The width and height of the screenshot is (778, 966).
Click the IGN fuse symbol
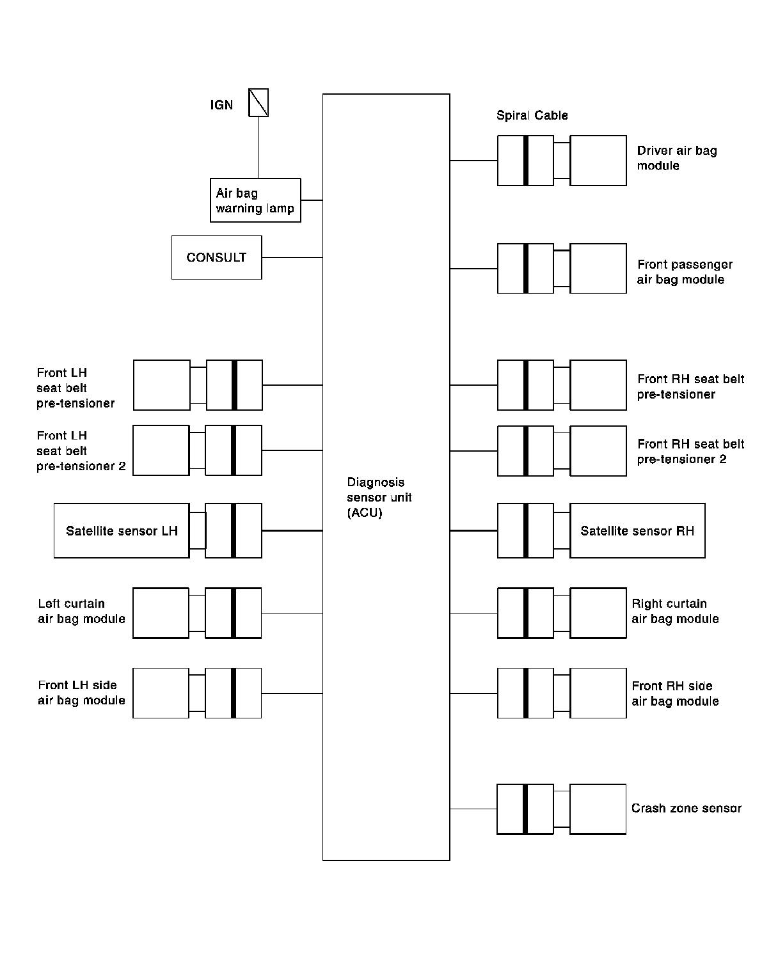coord(258,102)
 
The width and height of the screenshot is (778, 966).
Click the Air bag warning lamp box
coord(255,200)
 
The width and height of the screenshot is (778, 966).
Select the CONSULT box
coord(216,257)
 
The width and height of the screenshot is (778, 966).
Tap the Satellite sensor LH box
coord(122,530)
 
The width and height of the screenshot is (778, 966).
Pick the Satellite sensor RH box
coord(637,530)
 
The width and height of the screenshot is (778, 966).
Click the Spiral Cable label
coord(532,115)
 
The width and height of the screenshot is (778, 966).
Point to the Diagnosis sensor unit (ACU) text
coord(379,497)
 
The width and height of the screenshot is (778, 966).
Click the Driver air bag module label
coord(677,158)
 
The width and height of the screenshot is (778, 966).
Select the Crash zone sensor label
coord(686,808)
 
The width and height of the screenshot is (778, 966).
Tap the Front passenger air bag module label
coord(685,272)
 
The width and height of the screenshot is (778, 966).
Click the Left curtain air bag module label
coord(81,611)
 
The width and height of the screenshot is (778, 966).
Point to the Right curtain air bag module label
coord(675,611)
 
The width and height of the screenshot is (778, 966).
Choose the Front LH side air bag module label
coord(81,693)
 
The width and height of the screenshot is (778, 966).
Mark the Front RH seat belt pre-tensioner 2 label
coord(691,452)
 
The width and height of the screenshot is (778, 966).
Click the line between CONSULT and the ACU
coord(292,257)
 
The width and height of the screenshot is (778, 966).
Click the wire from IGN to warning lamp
coord(258,147)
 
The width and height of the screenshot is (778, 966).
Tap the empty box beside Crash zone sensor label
coord(598,809)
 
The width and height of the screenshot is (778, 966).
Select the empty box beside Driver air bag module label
coord(598,161)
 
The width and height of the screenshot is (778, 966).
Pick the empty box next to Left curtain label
coord(161,613)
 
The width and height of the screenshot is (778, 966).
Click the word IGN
coord(221,105)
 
